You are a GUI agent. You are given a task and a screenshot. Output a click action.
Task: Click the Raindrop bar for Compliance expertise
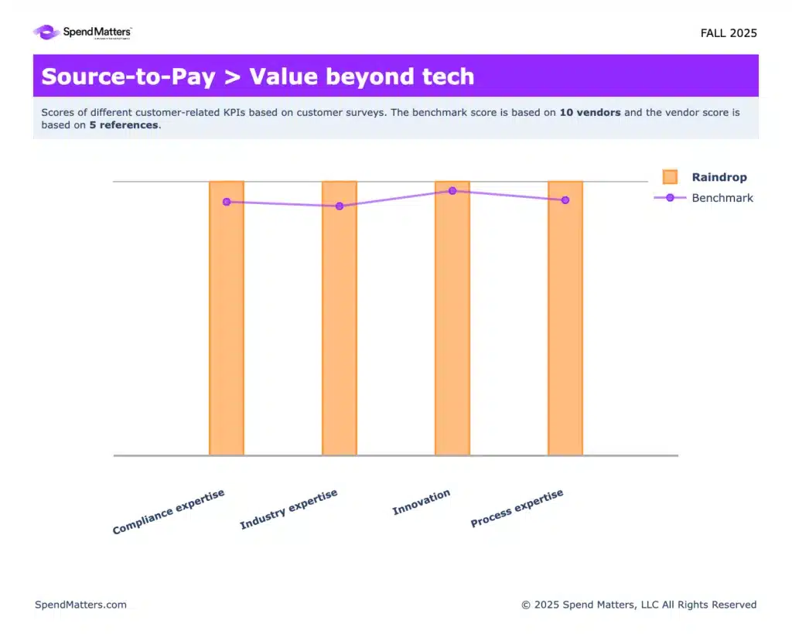227,318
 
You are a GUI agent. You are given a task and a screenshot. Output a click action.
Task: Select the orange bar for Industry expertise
340,318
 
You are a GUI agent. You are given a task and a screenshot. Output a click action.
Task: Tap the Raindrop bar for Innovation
452,318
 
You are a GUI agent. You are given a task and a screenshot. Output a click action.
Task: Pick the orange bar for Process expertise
565,318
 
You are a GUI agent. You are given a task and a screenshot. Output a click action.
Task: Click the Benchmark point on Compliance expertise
227,202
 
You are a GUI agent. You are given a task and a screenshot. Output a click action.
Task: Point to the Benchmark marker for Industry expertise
340,206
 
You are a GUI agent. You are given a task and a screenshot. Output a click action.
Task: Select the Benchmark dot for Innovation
452,191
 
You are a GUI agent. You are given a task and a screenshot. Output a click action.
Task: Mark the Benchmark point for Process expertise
565,200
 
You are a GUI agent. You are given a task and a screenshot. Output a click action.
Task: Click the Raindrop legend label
719,177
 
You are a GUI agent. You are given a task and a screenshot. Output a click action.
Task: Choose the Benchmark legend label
722,198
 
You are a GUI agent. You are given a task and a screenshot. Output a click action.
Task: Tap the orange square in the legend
670,176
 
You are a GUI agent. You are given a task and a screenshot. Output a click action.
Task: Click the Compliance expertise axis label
168,512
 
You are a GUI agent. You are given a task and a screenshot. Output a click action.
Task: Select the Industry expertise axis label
288,509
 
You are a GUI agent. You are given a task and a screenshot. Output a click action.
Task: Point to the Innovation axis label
422,503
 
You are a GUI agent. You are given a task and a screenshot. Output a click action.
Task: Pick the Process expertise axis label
517,508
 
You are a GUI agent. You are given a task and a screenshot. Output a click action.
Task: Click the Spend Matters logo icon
47,32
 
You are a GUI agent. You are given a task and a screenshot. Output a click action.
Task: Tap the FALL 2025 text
729,33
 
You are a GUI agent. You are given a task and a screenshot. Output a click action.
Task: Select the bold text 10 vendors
590,113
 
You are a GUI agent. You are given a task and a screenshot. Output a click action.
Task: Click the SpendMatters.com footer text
80,605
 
